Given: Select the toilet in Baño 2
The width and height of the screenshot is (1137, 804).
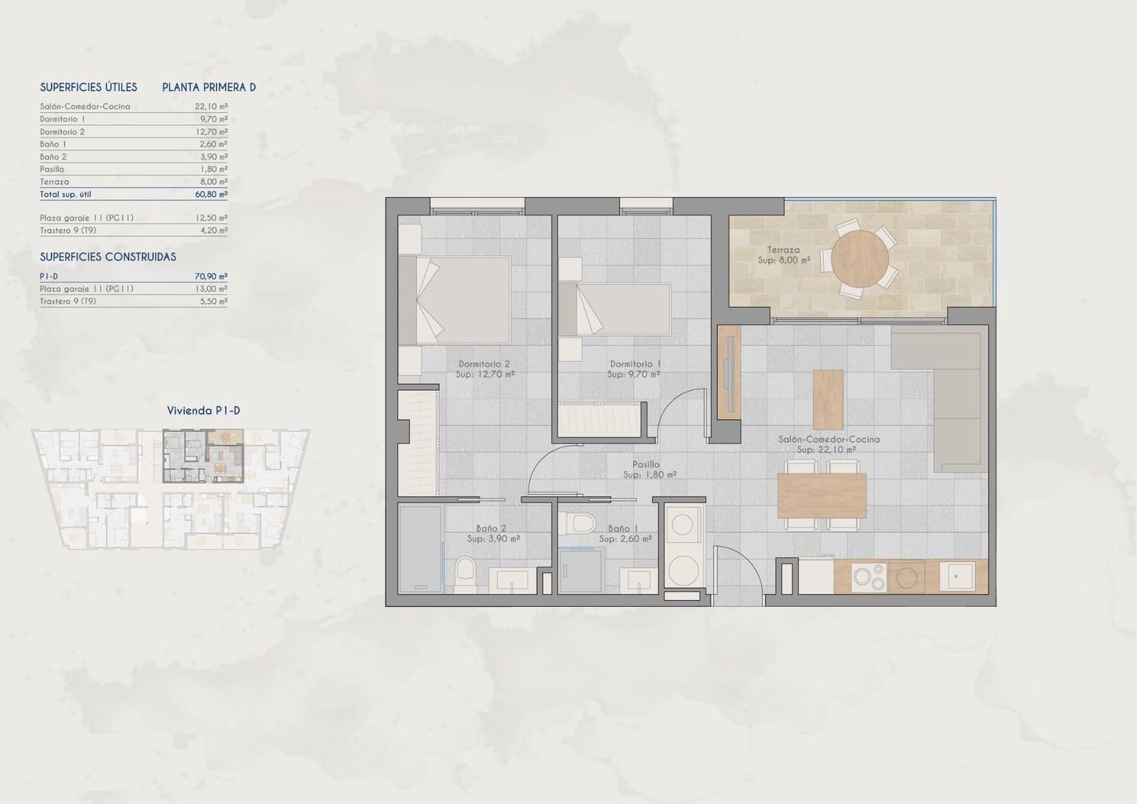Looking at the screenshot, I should click(x=465, y=573).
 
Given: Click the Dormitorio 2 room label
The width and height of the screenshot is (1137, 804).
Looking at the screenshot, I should click(x=484, y=364).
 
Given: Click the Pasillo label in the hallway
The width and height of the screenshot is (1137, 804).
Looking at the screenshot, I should click(x=646, y=464).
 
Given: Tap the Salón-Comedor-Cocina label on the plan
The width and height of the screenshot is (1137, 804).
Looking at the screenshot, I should click(x=829, y=439).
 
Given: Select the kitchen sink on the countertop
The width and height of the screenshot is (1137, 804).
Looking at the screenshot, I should click(x=957, y=577).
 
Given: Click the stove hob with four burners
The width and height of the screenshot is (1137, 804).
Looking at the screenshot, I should click(x=869, y=577).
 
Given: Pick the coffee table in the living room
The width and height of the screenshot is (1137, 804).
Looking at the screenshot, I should click(x=827, y=400).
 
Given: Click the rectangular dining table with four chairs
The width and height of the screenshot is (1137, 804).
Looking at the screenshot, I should click(x=822, y=495).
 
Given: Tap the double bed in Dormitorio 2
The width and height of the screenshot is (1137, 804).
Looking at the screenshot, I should click(x=455, y=300).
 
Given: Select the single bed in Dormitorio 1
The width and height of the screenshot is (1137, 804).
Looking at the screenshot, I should click(x=615, y=309).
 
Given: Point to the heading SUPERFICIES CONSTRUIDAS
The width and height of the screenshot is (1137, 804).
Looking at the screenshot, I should click(x=108, y=257).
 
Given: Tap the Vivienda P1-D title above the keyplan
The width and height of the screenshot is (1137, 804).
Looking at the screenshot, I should click(x=203, y=410).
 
